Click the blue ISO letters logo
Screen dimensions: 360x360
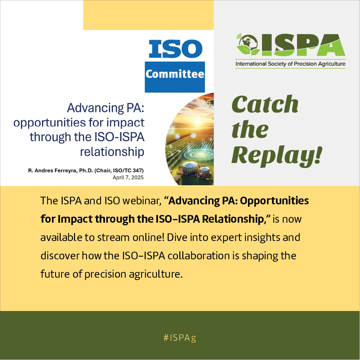point(175,49)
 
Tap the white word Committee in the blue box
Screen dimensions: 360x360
point(175,74)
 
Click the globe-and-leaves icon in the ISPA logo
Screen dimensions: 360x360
point(248,45)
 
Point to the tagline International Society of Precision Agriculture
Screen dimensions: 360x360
point(290,64)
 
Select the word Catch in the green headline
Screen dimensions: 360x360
point(265,104)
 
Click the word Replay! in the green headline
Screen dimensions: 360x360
point(277,155)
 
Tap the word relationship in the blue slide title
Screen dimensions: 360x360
point(112,152)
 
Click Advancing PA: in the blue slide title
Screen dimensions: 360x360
point(106,108)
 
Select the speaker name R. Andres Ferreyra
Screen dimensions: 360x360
point(53,171)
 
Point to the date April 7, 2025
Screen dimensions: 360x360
point(128,177)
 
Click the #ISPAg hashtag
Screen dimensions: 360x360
point(180,338)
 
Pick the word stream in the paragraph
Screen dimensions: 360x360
point(113,238)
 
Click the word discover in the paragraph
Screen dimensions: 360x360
point(60,256)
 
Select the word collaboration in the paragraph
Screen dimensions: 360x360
point(199,256)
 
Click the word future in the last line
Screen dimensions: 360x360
point(55,274)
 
